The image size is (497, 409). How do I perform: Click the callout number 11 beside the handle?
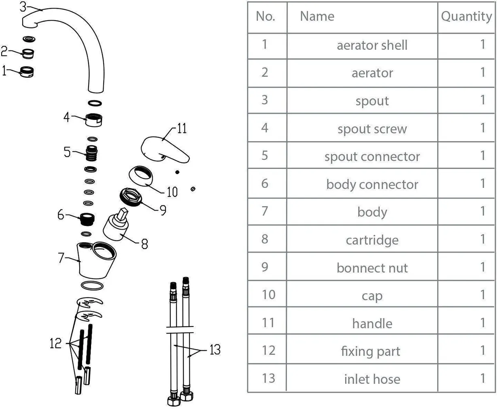point(182,129)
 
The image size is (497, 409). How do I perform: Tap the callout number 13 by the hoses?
point(215,349)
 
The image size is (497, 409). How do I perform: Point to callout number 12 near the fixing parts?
point(55,344)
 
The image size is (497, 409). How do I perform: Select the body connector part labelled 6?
point(87,219)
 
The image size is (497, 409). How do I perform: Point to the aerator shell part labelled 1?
point(27,72)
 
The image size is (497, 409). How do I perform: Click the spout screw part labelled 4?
point(94,119)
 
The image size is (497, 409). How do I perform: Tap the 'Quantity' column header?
point(466,17)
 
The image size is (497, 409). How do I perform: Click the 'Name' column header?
point(317,17)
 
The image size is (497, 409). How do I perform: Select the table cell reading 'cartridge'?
point(372,240)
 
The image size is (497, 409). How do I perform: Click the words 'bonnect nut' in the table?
point(372,268)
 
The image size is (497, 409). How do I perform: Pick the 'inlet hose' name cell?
point(372,379)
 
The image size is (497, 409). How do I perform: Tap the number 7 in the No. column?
point(265,211)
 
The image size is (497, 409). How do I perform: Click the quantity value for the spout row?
point(482,100)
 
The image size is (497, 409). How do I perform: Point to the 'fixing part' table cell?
point(370,351)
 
